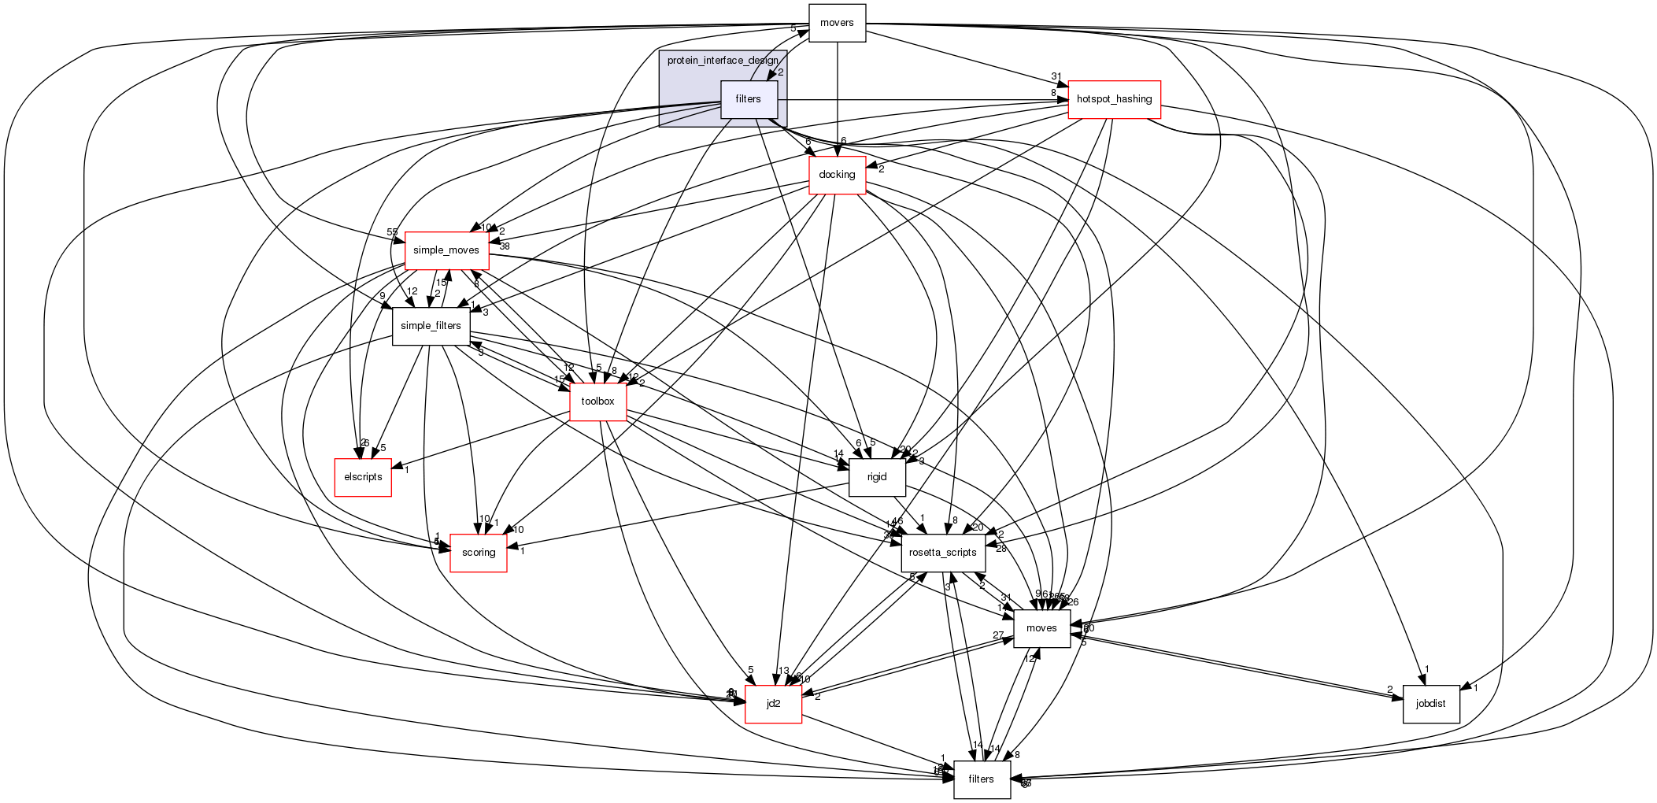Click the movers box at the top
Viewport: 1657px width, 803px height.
click(x=837, y=23)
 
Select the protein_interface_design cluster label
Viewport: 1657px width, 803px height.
click(x=722, y=61)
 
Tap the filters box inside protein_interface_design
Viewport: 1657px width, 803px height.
click(x=749, y=99)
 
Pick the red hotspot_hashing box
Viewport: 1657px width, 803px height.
click(x=1113, y=99)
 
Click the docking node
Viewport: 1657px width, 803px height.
click(x=837, y=175)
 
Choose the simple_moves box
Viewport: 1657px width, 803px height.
click(x=446, y=250)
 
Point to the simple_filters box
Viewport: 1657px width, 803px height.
click(x=431, y=326)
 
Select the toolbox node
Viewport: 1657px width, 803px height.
click(x=597, y=401)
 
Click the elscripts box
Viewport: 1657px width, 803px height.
click(x=363, y=477)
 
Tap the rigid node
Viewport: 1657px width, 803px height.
click(x=877, y=477)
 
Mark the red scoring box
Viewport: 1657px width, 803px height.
click(x=478, y=553)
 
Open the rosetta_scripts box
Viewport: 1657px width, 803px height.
click(x=942, y=553)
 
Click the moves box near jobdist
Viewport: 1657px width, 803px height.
click(x=1041, y=628)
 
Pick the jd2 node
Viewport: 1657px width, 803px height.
click(x=773, y=704)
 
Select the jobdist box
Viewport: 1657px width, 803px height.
click(x=1430, y=704)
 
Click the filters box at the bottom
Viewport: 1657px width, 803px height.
click(x=981, y=779)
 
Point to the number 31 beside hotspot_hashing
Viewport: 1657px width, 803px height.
click(x=1056, y=77)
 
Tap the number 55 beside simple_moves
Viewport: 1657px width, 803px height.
click(x=392, y=232)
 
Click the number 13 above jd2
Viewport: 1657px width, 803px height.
click(x=783, y=672)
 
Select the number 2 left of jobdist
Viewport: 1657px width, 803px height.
click(x=1390, y=690)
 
